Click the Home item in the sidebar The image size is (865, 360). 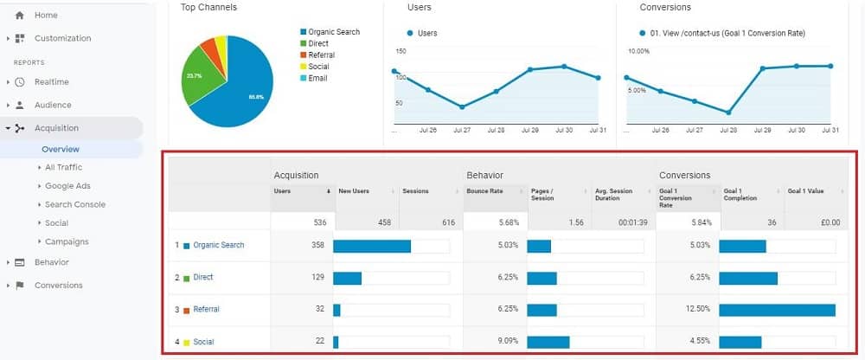[45, 16]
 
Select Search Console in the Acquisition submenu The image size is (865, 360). [74, 204]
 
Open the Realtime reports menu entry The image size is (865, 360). [51, 82]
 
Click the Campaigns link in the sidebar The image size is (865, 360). [67, 241]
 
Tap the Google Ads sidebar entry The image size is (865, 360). [67, 186]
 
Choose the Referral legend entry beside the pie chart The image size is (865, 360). [322, 55]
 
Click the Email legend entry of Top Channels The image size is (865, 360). [317, 78]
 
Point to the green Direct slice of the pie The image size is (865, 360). [195, 76]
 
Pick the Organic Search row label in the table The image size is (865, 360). [218, 245]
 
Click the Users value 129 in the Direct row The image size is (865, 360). [317, 277]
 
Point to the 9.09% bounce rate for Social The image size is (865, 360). [507, 341]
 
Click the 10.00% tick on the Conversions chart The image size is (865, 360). [638, 51]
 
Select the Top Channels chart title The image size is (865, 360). [208, 8]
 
